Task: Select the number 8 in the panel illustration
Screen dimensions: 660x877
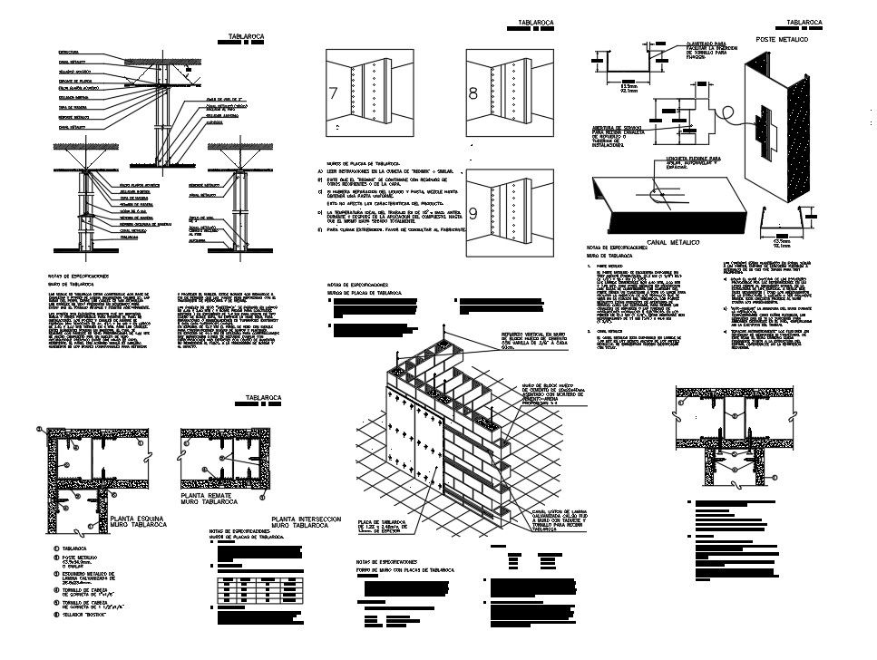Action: click(x=473, y=93)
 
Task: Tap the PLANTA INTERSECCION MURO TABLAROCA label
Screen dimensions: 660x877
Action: click(x=306, y=522)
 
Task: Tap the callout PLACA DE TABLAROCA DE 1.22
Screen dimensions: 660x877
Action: click(x=385, y=527)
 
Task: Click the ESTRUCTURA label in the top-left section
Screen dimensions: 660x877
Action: click(x=69, y=52)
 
